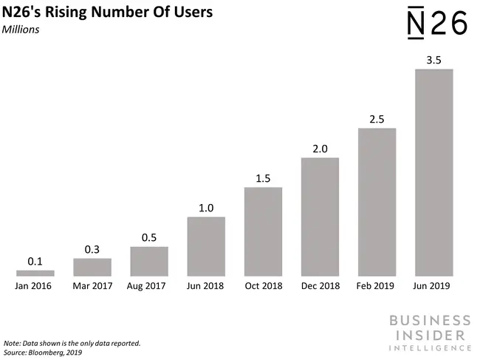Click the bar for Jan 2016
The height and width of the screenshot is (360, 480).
tap(35, 274)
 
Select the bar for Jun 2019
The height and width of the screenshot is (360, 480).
tap(433, 173)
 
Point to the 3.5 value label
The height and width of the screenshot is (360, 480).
tap(433, 59)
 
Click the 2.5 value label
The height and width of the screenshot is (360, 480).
tap(377, 118)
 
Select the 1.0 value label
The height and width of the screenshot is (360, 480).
tap(206, 208)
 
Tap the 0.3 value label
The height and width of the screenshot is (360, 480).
tap(92, 249)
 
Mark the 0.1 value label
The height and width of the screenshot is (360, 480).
tap(35, 261)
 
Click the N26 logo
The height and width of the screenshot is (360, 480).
tap(437, 23)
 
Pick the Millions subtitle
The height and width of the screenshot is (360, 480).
tap(22, 30)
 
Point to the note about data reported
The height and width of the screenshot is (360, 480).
tap(72, 344)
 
